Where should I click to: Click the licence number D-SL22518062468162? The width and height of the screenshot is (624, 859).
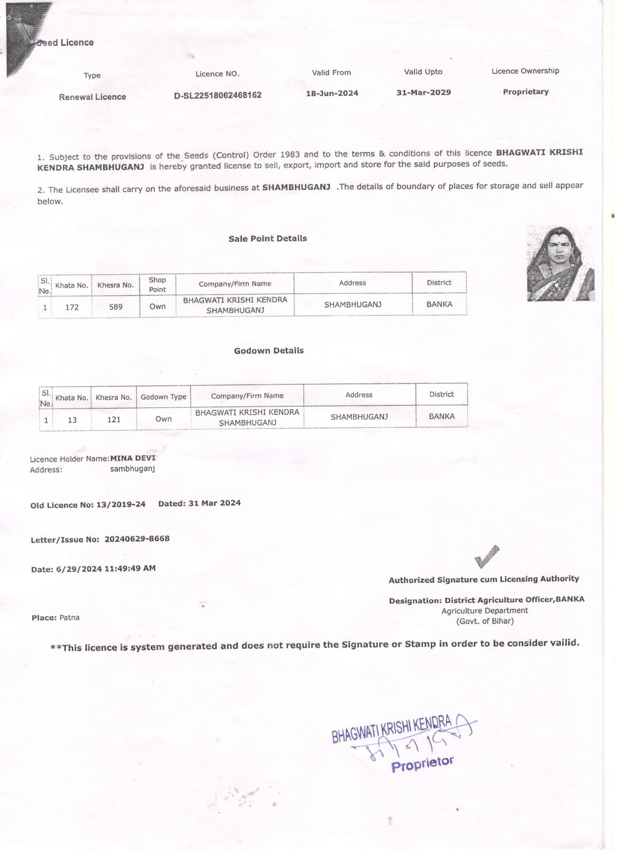point(218,95)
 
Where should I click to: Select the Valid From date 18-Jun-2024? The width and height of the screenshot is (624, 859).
point(332,93)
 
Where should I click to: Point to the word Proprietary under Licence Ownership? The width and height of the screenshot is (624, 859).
point(526,91)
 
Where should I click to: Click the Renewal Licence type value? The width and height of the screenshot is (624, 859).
point(92,97)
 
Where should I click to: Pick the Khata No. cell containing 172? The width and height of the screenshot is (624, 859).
point(72,307)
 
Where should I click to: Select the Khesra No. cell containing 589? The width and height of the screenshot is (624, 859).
point(116,306)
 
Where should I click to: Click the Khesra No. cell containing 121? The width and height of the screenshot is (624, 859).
point(114,419)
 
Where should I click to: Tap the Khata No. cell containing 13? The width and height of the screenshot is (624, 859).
point(72,420)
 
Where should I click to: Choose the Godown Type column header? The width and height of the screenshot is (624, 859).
point(163,397)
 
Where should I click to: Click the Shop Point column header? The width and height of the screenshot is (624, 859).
point(157,284)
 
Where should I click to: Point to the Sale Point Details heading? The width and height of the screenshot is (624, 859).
point(268,238)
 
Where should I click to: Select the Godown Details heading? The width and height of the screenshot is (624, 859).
point(269,351)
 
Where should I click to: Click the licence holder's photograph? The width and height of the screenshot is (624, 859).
point(560,264)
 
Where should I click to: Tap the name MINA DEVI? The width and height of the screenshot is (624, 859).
point(133,458)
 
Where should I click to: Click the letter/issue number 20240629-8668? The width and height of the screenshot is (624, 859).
point(137,539)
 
